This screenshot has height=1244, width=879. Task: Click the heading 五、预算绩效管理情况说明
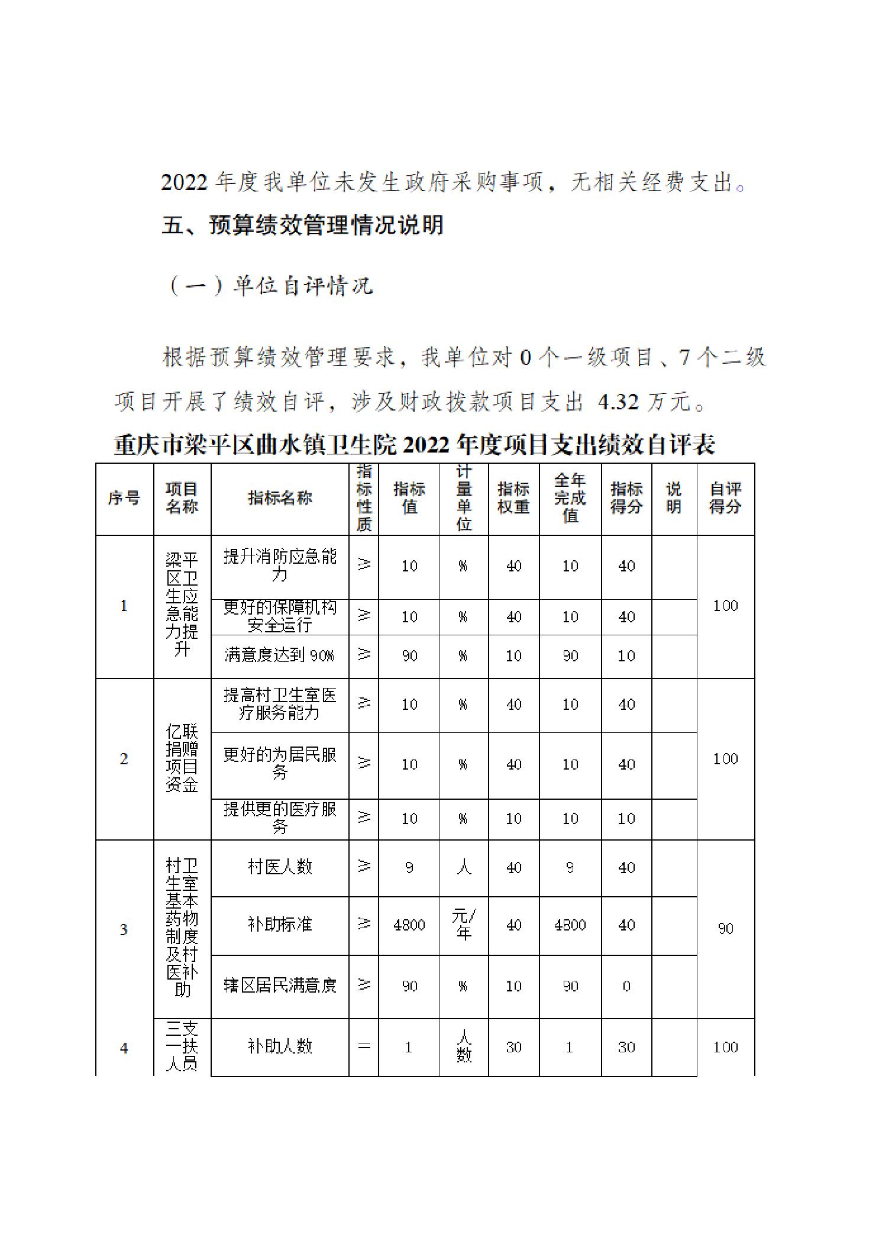tap(302, 225)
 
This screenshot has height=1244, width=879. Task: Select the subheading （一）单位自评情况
tap(270, 286)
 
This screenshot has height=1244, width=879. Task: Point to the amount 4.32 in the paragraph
tap(618, 402)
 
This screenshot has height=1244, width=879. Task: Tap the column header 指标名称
tap(280, 498)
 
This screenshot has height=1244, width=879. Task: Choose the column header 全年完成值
tap(570, 498)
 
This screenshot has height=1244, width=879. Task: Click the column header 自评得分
tap(725, 498)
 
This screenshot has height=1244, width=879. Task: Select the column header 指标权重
tap(513, 498)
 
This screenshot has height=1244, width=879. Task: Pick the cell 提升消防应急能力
tap(280, 566)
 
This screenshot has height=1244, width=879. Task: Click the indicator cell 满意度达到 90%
tap(280, 655)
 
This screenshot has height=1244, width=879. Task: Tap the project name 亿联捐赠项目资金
tap(182, 758)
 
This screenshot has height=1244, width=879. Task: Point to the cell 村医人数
tap(280, 867)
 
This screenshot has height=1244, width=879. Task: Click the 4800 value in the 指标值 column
tap(409, 925)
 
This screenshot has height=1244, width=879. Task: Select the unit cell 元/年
tap(464, 925)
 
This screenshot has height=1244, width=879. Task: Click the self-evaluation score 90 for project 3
tap(725, 929)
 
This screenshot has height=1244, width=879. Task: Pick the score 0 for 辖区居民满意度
tap(626, 986)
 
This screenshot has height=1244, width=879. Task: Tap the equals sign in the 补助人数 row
tap(364, 1047)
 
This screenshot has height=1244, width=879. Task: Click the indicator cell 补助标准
tap(280, 925)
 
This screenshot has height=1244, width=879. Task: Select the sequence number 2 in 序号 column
tap(124, 759)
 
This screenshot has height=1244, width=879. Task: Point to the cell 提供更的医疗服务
tap(280, 818)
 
